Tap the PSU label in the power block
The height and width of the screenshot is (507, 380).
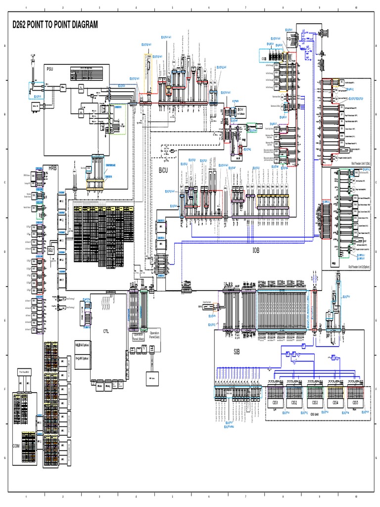click(50, 69)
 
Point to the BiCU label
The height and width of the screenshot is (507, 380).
click(163, 170)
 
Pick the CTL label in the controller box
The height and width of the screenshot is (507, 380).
click(106, 331)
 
